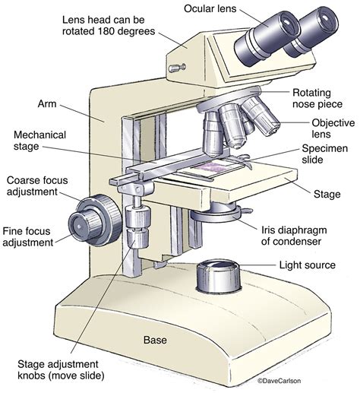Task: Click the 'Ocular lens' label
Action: (221, 10)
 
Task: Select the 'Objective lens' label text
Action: (330, 129)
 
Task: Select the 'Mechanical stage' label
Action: (39, 141)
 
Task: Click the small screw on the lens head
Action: (176, 68)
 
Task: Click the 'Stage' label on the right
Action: (327, 195)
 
